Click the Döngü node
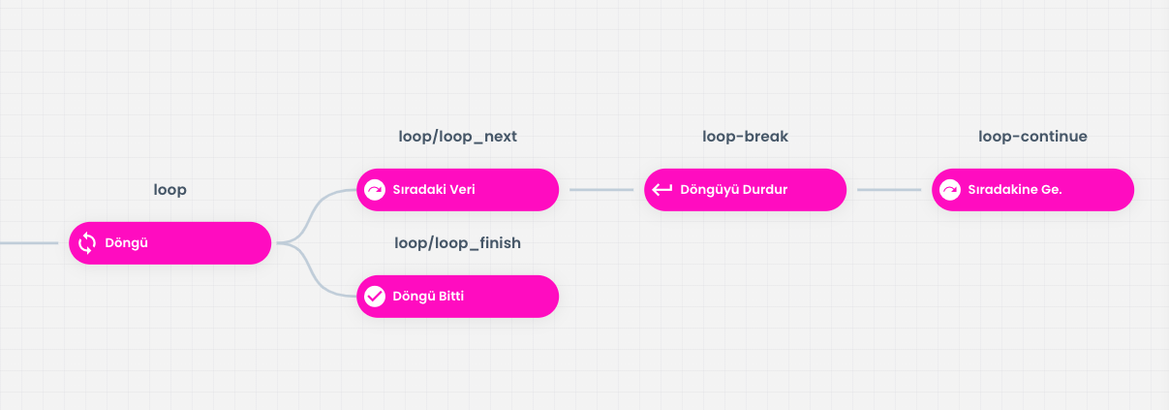[x=170, y=243]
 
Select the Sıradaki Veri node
[x=458, y=190]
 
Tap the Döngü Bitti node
[x=458, y=297]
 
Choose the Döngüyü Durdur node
[x=745, y=190]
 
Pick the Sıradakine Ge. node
[x=1032, y=190]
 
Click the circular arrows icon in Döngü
[x=87, y=243]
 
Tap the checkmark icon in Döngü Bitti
[x=375, y=297]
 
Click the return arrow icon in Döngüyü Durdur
[x=662, y=190]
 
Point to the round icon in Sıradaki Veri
[x=375, y=190]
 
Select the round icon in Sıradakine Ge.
[x=950, y=190]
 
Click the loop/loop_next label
[x=458, y=137]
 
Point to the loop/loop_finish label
[x=458, y=243]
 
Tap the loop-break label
[x=745, y=137]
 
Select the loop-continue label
[x=1032, y=137]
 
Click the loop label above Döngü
[x=170, y=190]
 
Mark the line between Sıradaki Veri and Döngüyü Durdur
[x=601, y=190]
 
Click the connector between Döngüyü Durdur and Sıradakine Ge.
[x=889, y=190]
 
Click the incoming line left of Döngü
[x=29, y=243]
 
